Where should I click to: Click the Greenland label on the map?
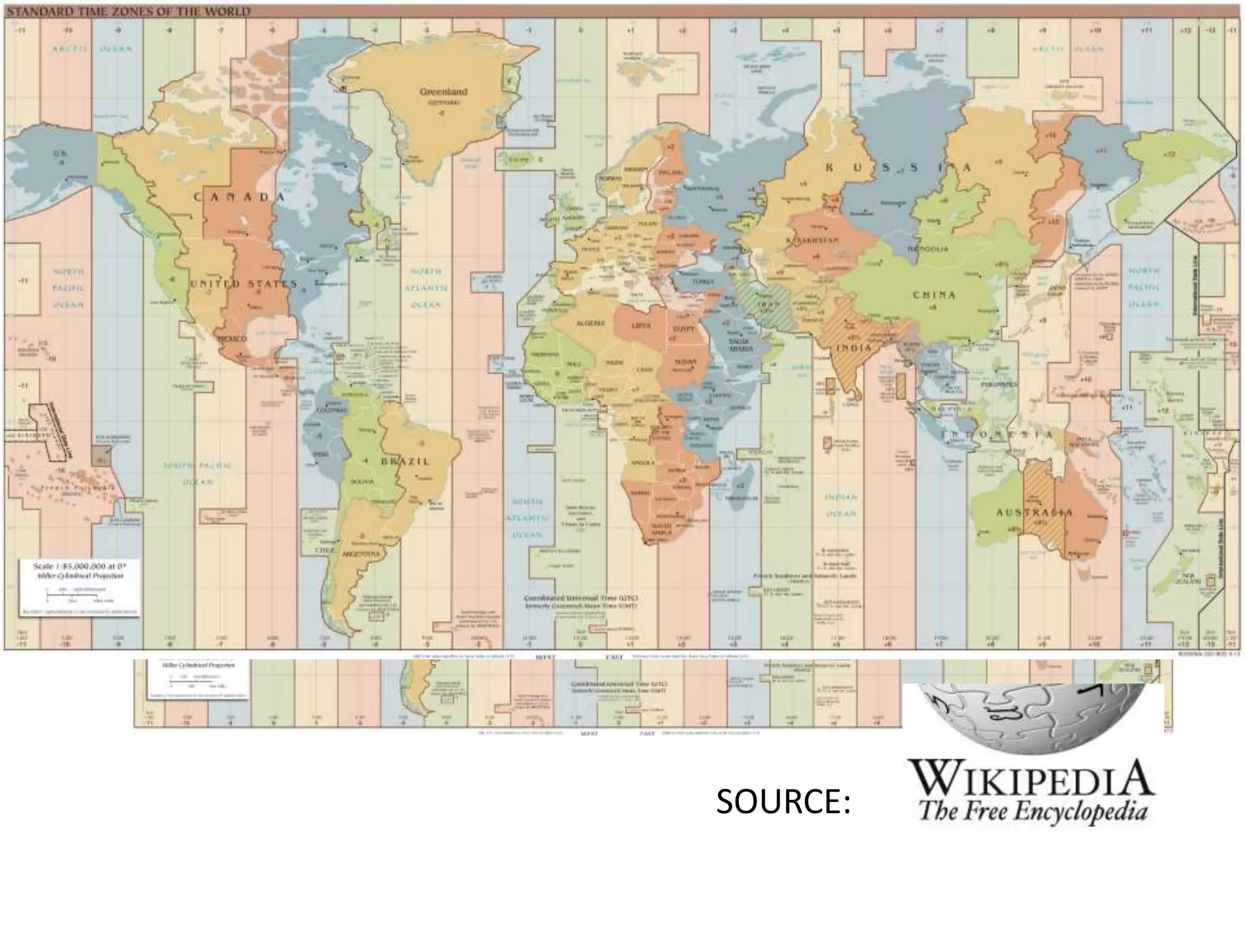(444, 92)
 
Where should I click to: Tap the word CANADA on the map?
(240, 197)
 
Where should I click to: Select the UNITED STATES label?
(243, 284)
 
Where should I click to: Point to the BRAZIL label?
(405, 462)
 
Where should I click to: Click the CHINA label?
(934, 295)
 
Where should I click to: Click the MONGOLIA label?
(928, 249)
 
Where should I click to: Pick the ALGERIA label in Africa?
(590, 323)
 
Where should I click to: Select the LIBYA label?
(641, 326)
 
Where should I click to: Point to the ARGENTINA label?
(360, 555)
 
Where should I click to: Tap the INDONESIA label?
(997, 435)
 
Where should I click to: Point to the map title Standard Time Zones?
(128, 12)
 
